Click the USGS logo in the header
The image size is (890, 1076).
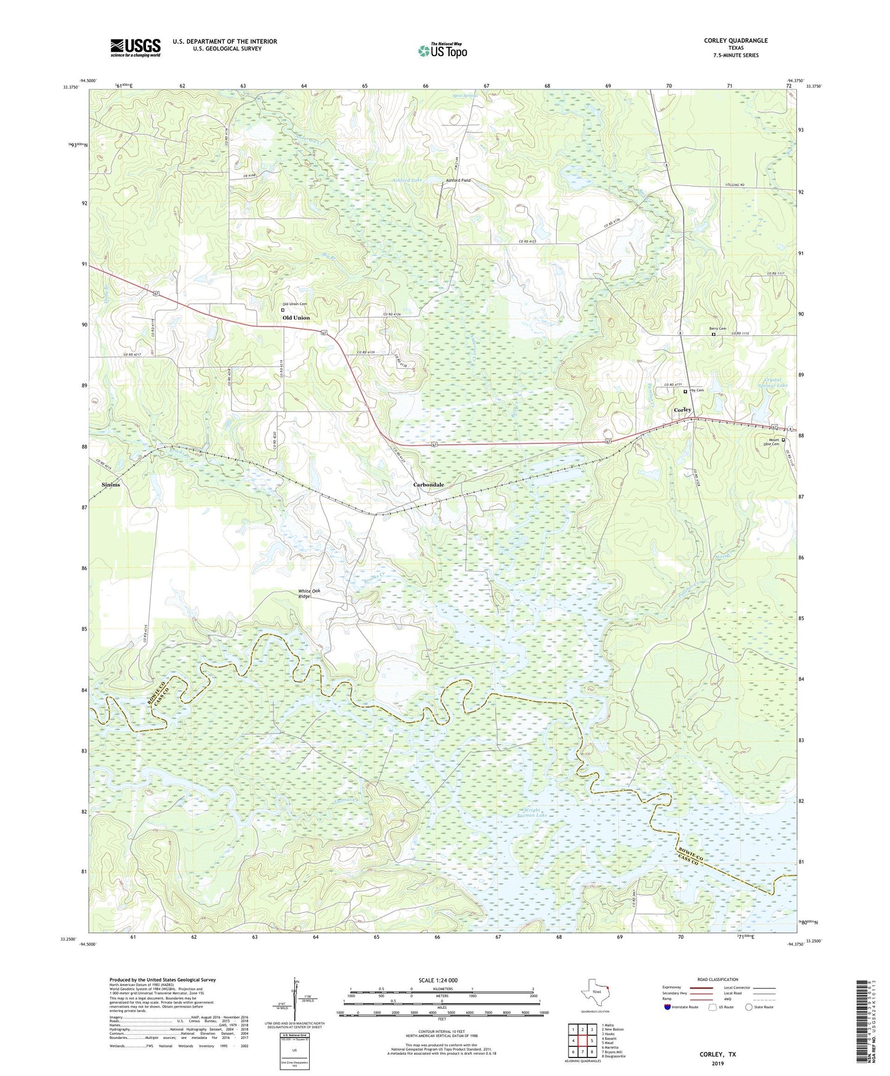(136, 47)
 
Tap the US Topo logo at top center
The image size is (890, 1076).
(442, 51)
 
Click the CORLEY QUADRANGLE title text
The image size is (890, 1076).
(735, 41)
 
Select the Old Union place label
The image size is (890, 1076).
(296, 318)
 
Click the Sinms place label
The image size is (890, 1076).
(111, 485)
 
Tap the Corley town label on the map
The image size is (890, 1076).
(682, 410)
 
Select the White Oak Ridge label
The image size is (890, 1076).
(309, 594)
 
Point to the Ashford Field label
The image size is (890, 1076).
(458, 181)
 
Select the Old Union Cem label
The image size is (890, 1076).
(294, 304)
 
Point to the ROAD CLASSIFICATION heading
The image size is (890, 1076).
(718, 979)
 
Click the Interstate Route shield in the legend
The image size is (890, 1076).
(668, 1007)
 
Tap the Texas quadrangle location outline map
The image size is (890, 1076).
(595, 993)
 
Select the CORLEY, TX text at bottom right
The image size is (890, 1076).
(718, 1054)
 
